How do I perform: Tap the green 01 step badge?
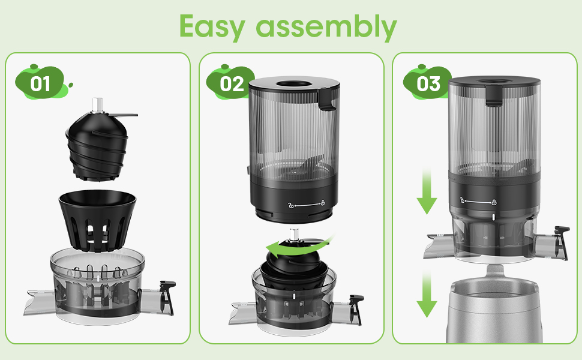tap(40, 83)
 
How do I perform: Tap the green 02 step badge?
tap(232, 83)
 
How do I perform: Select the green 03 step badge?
tap(428, 83)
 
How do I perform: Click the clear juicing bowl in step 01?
tap(98, 288)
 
